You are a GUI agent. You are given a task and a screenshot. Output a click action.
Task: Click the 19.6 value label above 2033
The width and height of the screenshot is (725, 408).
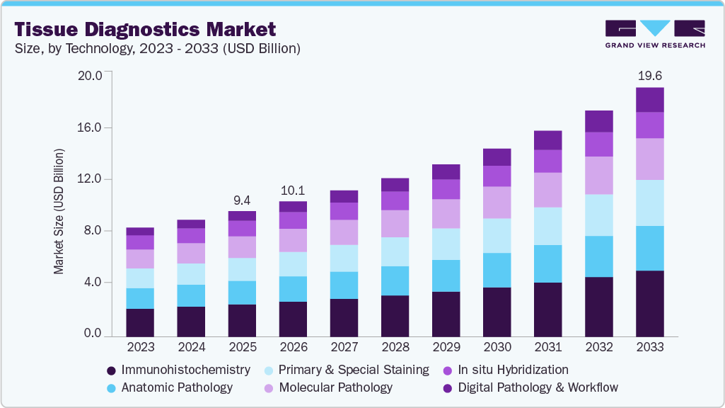coord(649,76)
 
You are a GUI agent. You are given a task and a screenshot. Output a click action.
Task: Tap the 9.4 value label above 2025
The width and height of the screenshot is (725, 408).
coord(242,200)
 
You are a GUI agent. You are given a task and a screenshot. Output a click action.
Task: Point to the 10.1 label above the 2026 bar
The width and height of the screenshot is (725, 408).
coord(293,191)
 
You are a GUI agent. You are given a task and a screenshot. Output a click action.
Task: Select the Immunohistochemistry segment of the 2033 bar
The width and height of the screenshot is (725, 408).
coord(649,303)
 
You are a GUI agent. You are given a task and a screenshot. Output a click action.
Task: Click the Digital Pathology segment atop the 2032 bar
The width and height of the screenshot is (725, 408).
coord(599,121)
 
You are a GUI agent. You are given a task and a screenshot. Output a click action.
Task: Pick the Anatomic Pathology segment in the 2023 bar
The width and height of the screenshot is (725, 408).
coord(140,299)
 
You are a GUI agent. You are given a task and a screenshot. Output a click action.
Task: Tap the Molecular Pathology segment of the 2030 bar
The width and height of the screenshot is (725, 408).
coord(497,203)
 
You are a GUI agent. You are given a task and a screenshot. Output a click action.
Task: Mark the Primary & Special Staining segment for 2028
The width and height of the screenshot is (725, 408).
coord(395,252)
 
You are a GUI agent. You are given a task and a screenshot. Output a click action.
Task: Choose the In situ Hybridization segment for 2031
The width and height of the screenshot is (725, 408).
coord(548,161)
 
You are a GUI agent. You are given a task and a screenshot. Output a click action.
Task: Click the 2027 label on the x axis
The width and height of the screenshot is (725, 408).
coord(344,347)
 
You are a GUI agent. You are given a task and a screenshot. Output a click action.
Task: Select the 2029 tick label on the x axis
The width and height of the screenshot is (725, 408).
coord(446,347)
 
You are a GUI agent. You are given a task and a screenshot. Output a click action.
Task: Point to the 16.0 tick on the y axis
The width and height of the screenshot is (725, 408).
coord(90,127)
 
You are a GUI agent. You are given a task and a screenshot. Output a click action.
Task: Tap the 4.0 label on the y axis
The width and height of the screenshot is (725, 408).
coord(92,282)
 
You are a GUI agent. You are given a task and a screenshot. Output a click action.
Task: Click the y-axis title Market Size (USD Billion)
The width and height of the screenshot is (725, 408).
coord(59,212)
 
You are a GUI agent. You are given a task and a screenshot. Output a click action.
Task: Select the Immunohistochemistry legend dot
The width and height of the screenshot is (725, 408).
coord(111,370)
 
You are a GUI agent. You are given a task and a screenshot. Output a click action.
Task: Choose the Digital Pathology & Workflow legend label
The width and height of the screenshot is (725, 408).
coord(538,387)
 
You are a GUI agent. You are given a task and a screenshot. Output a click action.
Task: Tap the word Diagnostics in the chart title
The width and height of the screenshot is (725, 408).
coord(143,30)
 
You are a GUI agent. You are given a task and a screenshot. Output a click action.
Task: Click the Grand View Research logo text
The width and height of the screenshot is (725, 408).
coord(655,45)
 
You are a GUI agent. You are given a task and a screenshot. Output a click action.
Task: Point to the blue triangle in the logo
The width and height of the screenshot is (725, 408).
coord(655,28)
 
